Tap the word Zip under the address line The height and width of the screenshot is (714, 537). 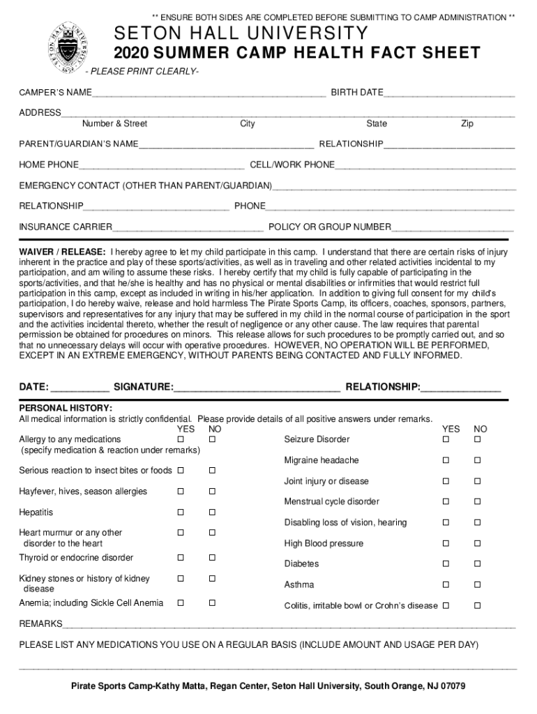click(467, 124)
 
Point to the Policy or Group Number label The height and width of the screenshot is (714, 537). click(330, 227)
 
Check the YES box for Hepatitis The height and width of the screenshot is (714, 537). click(181, 512)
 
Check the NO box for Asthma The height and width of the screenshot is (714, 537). click(478, 585)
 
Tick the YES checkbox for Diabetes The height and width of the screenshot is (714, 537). click(445, 564)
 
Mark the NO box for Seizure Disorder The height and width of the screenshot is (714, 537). click(478, 439)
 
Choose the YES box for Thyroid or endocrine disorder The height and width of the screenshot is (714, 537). click(181, 558)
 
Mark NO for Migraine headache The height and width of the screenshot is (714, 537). click(478, 460)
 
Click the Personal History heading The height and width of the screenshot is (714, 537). click(66, 408)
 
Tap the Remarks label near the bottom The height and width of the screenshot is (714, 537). click(40, 623)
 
